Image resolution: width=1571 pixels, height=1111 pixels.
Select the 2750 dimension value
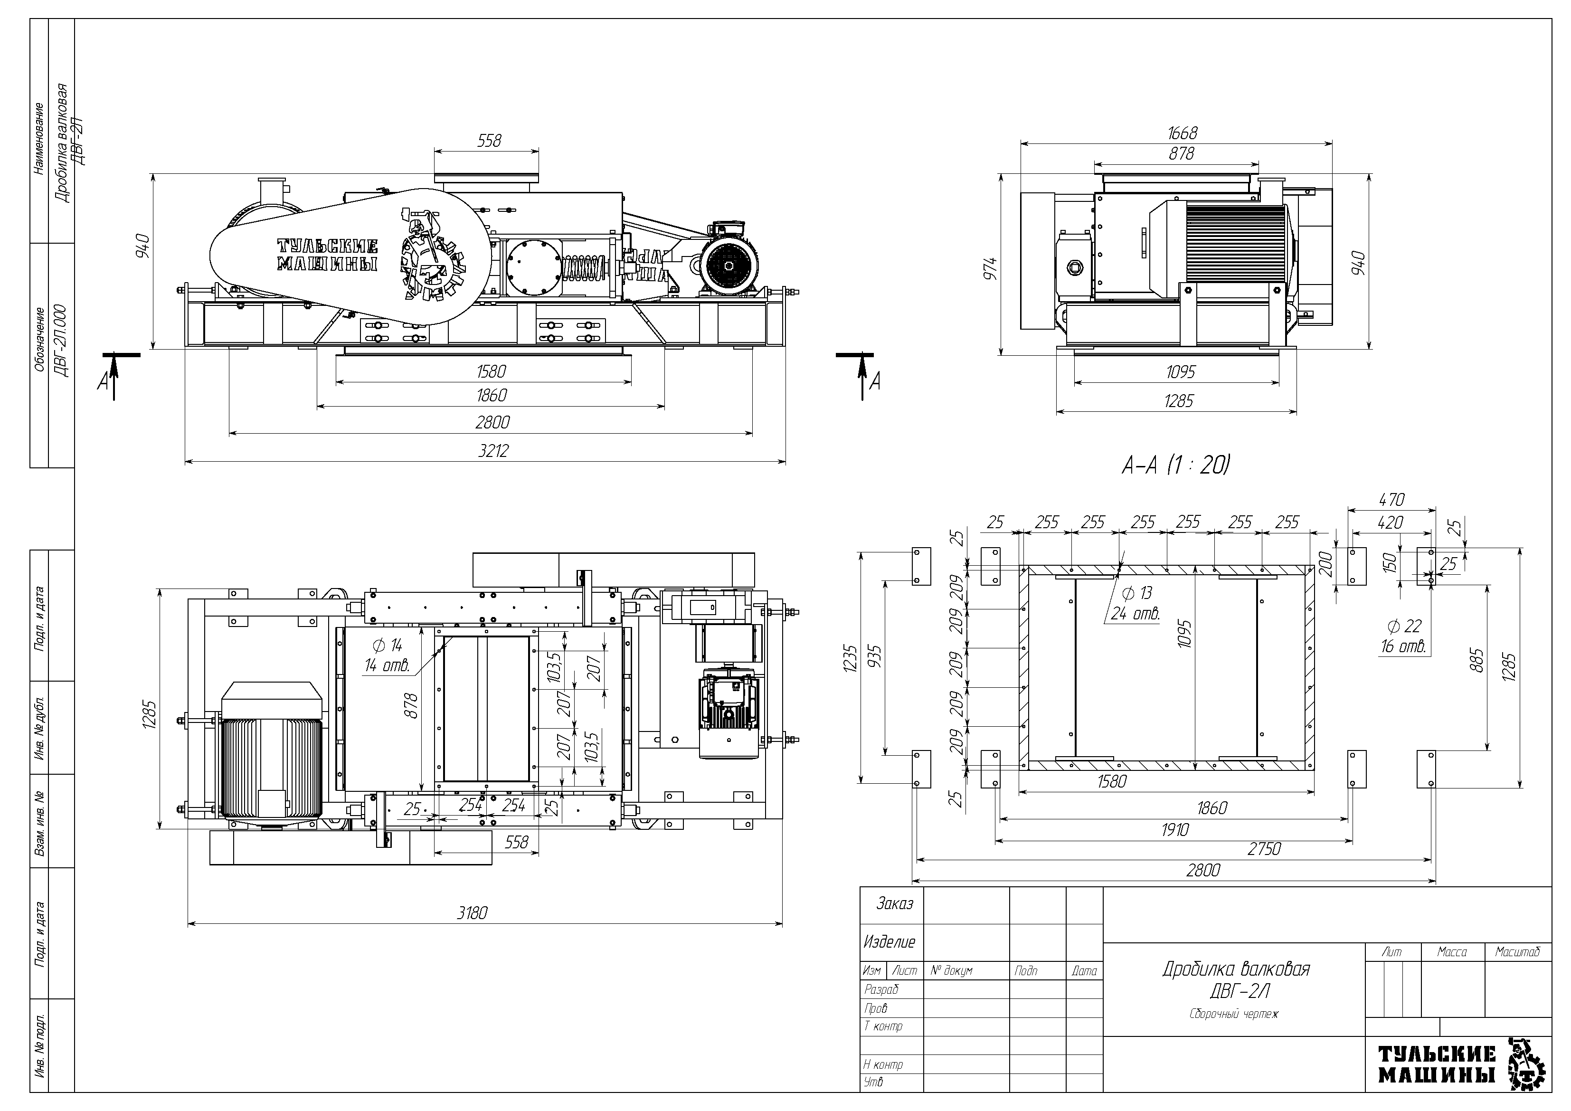[x=1264, y=849]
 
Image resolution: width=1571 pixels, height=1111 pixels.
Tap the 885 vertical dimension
[x=1476, y=660]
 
